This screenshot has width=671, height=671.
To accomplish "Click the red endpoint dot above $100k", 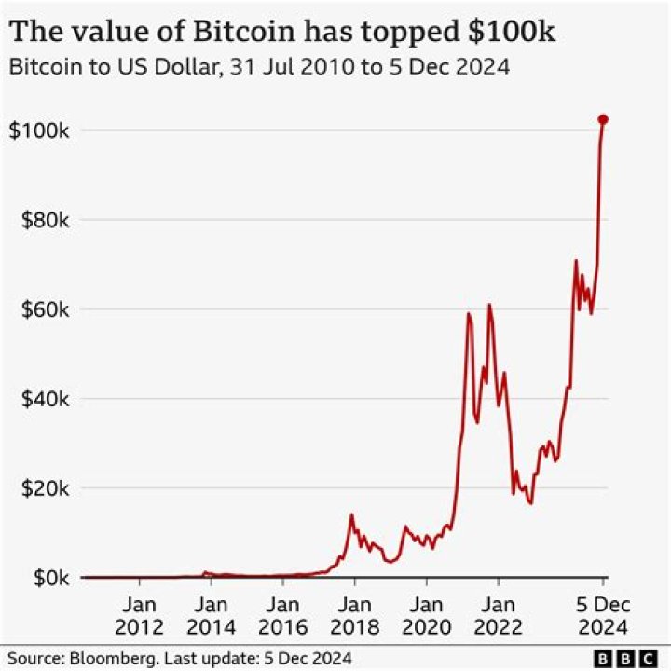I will pyautogui.click(x=603, y=119).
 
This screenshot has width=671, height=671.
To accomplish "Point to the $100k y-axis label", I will pyautogui.click(x=40, y=130).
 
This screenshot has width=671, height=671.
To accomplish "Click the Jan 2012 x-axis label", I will pyautogui.click(x=140, y=614).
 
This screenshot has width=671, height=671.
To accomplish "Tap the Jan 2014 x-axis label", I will pyautogui.click(x=212, y=614).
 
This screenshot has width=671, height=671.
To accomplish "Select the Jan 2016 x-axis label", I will pyautogui.click(x=283, y=614).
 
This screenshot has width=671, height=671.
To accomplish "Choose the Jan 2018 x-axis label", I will pyautogui.click(x=355, y=614).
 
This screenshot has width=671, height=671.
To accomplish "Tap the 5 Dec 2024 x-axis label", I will pyautogui.click(x=602, y=614).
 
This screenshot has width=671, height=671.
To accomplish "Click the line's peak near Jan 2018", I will pyautogui.click(x=351, y=514).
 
